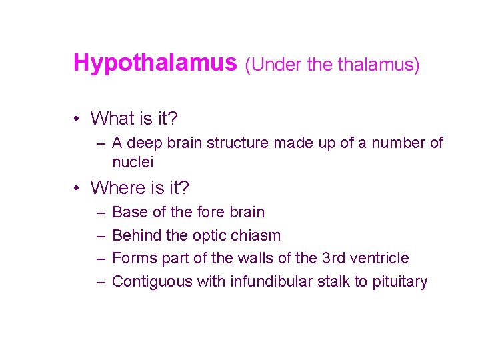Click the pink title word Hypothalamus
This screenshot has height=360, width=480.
coord(155,63)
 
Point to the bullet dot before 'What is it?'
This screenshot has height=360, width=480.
coord(78,119)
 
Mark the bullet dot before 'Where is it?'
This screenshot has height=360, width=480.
coord(78,189)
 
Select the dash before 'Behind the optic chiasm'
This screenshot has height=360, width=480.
coord(101,235)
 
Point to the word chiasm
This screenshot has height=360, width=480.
coord(258,235)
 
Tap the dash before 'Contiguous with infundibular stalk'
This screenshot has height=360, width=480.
coord(101,281)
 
